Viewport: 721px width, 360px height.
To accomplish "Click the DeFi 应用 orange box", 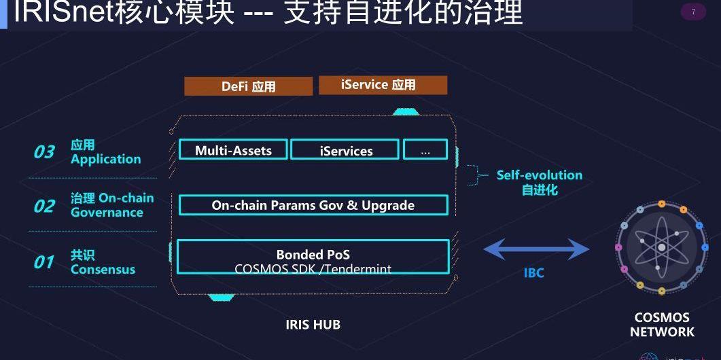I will (248, 86).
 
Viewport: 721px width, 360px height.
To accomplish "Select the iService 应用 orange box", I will (383, 85).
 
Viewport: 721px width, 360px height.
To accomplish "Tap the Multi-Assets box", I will (233, 150).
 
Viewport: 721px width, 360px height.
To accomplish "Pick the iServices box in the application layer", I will (345, 151).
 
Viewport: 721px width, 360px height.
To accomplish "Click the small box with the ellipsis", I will (425, 150).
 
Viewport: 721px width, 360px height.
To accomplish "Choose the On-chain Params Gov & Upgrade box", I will (313, 205).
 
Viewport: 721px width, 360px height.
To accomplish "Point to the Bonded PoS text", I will (313, 255).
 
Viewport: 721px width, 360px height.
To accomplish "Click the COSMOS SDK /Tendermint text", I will (313, 269).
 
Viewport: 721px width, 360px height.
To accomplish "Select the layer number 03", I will (44, 152).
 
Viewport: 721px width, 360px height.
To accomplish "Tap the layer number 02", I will (44, 206).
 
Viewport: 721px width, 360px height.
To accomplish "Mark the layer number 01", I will (44, 262).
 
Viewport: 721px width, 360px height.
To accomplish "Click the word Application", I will (105, 160).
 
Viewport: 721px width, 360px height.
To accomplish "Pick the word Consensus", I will (103, 270).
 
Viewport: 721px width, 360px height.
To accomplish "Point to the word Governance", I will (107, 213).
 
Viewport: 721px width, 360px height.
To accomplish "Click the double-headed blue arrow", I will (536, 250).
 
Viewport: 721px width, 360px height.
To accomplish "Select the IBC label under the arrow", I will (533, 274).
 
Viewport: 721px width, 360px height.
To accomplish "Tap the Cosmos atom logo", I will (661, 247).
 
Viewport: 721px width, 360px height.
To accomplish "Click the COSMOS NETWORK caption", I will (661, 325).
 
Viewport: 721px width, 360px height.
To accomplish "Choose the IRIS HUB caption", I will (313, 325).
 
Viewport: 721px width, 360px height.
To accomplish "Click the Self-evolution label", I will (539, 175).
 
